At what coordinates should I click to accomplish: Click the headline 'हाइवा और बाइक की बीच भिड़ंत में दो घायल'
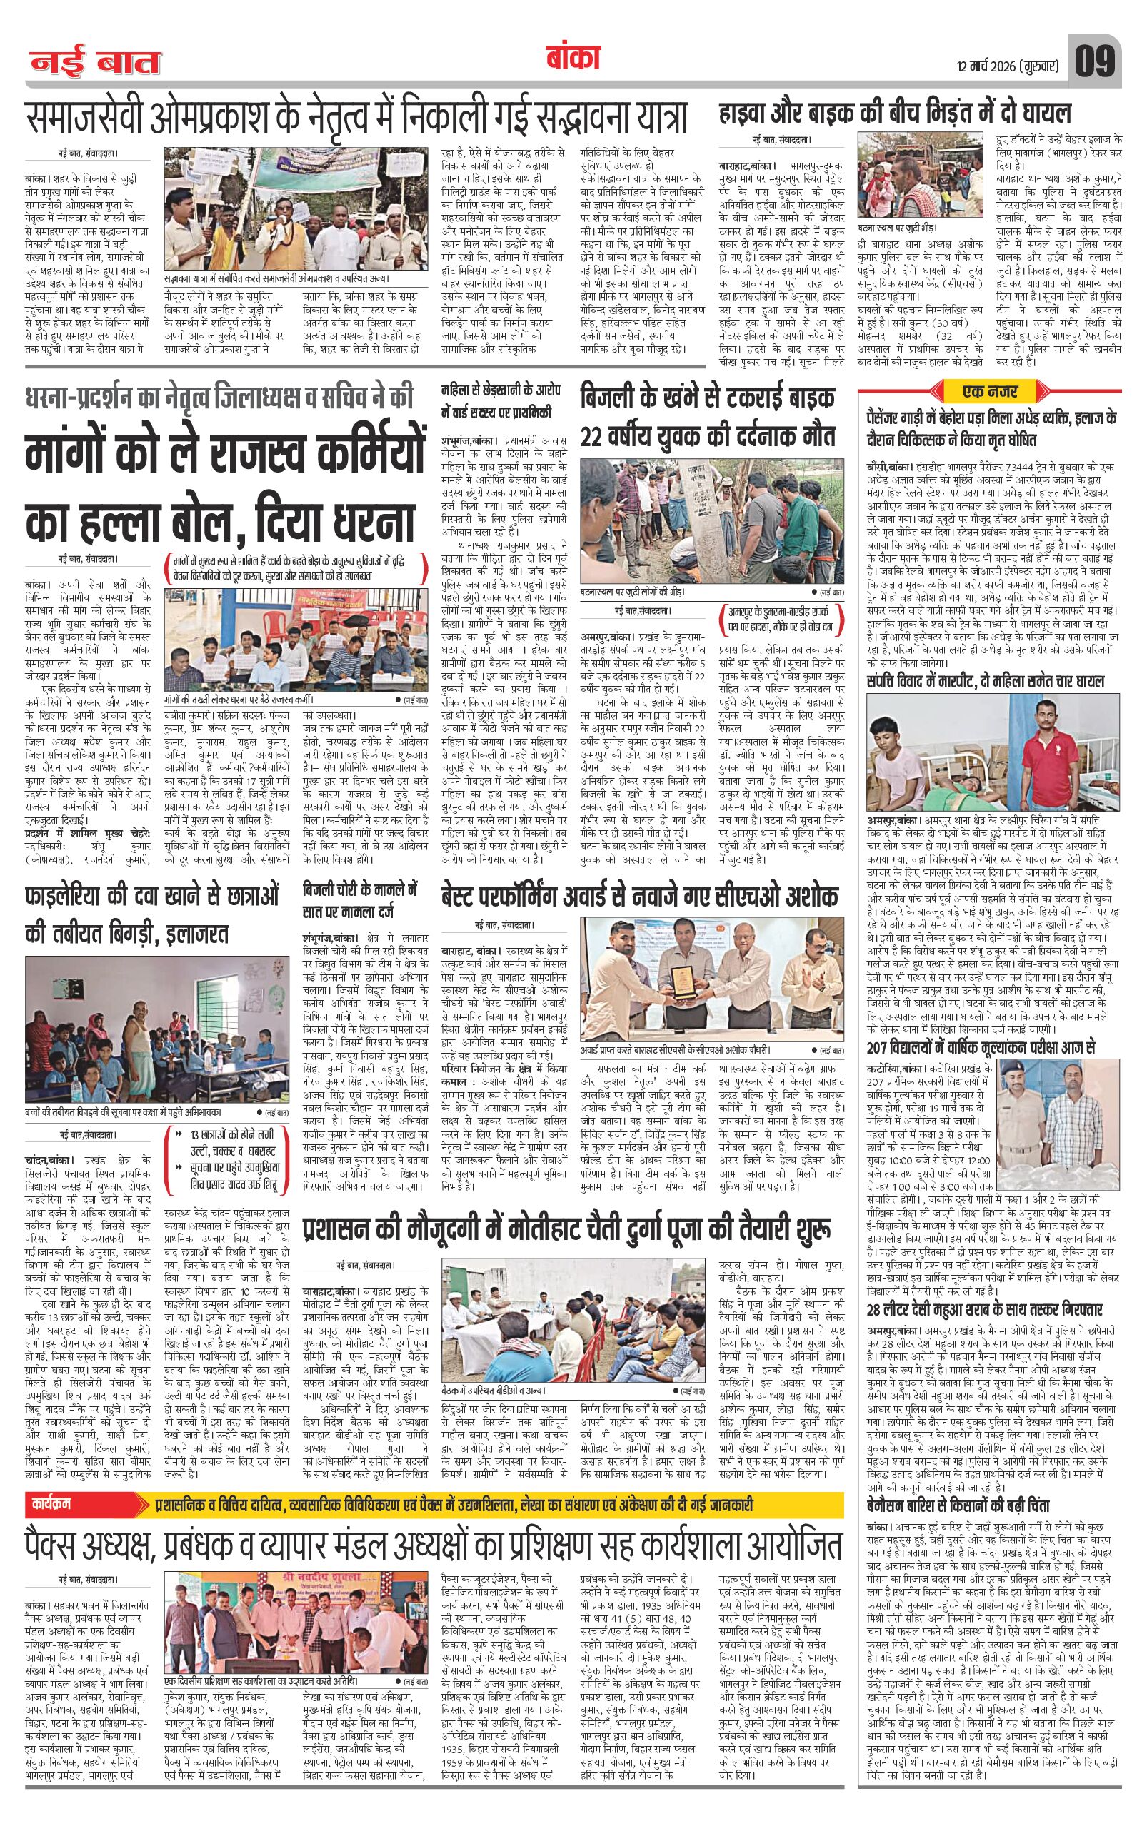(x=895, y=115)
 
